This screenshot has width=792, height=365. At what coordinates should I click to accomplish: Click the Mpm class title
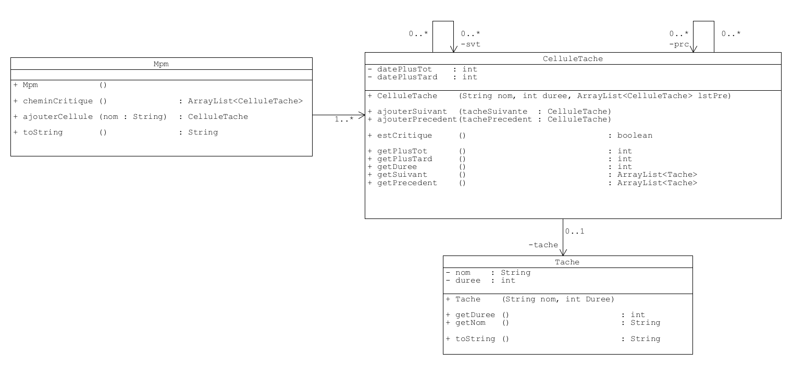pyautogui.click(x=161, y=64)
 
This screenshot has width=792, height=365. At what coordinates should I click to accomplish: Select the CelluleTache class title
pyautogui.click(x=573, y=58)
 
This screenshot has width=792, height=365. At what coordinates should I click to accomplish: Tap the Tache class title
pyautogui.click(x=567, y=262)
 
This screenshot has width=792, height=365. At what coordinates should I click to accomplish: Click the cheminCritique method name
pyautogui.click(x=57, y=101)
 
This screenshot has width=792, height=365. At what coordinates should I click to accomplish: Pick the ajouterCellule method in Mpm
pyautogui.click(x=57, y=116)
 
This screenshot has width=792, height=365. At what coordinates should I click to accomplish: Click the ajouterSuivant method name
pyautogui.click(x=412, y=111)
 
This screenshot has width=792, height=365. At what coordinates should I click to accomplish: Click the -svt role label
pyautogui.click(x=471, y=44)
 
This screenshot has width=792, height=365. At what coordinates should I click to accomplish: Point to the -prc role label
pyautogui.click(x=679, y=44)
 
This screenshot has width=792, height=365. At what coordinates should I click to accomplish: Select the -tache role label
pyautogui.click(x=543, y=245)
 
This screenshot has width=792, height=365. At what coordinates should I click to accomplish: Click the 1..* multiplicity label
pyautogui.click(x=343, y=120)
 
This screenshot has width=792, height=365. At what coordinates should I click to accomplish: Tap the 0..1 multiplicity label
pyautogui.click(x=575, y=231)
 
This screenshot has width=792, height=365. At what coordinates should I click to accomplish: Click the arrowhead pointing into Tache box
pyautogui.click(x=563, y=253)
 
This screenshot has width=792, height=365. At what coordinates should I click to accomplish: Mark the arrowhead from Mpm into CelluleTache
pyautogui.click(x=361, y=115)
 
